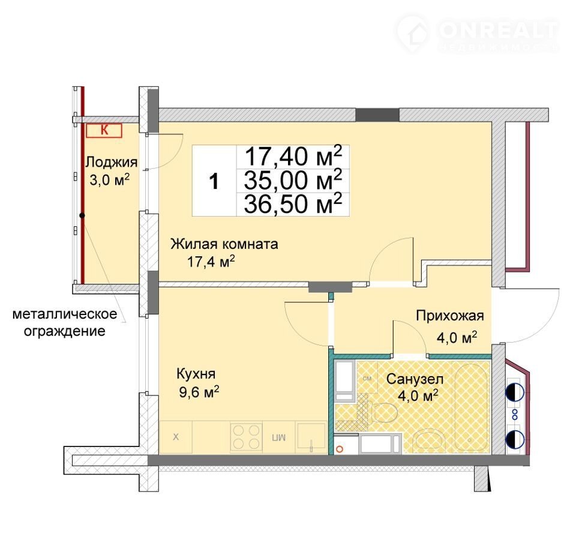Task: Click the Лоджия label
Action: click(112, 162)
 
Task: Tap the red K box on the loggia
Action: click(104, 130)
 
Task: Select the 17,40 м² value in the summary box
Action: click(293, 156)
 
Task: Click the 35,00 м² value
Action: click(293, 180)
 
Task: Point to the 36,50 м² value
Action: click(293, 204)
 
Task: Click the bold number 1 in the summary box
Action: click(214, 182)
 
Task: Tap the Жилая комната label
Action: click(224, 244)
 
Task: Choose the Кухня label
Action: click(196, 374)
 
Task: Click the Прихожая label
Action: click(449, 316)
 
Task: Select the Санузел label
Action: click(415, 379)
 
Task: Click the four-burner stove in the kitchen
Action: click(246, 437)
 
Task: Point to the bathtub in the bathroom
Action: click(472, 407)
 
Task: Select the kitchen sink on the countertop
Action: click(311, 436)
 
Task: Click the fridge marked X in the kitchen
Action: click(176, 437)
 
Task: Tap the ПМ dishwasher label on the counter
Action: click(279, 437)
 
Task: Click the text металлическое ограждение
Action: click(65, 323)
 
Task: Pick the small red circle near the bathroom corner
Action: click(340, 449)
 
